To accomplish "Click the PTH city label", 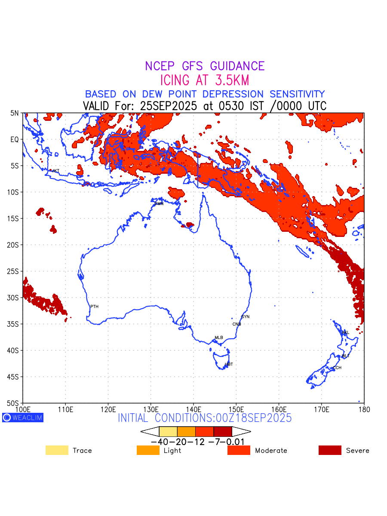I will coord(94,307).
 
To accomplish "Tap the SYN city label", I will coord(245,317).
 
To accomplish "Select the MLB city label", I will coord(219,338).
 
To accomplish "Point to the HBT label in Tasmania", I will coord(229,364).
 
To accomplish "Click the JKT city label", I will coord(55,171).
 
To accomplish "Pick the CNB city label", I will coord(236,324).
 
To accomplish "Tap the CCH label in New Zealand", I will coord(337,368).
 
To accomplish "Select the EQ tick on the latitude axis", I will coord(15,139).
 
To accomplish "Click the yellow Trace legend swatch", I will coord(57,450).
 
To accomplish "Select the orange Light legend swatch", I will coord(148,450).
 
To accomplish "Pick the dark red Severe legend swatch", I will coord(330,450).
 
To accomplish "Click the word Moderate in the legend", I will coord(271,451).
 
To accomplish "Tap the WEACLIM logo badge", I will coord(23,417).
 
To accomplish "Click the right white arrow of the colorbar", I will coord(241,431).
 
